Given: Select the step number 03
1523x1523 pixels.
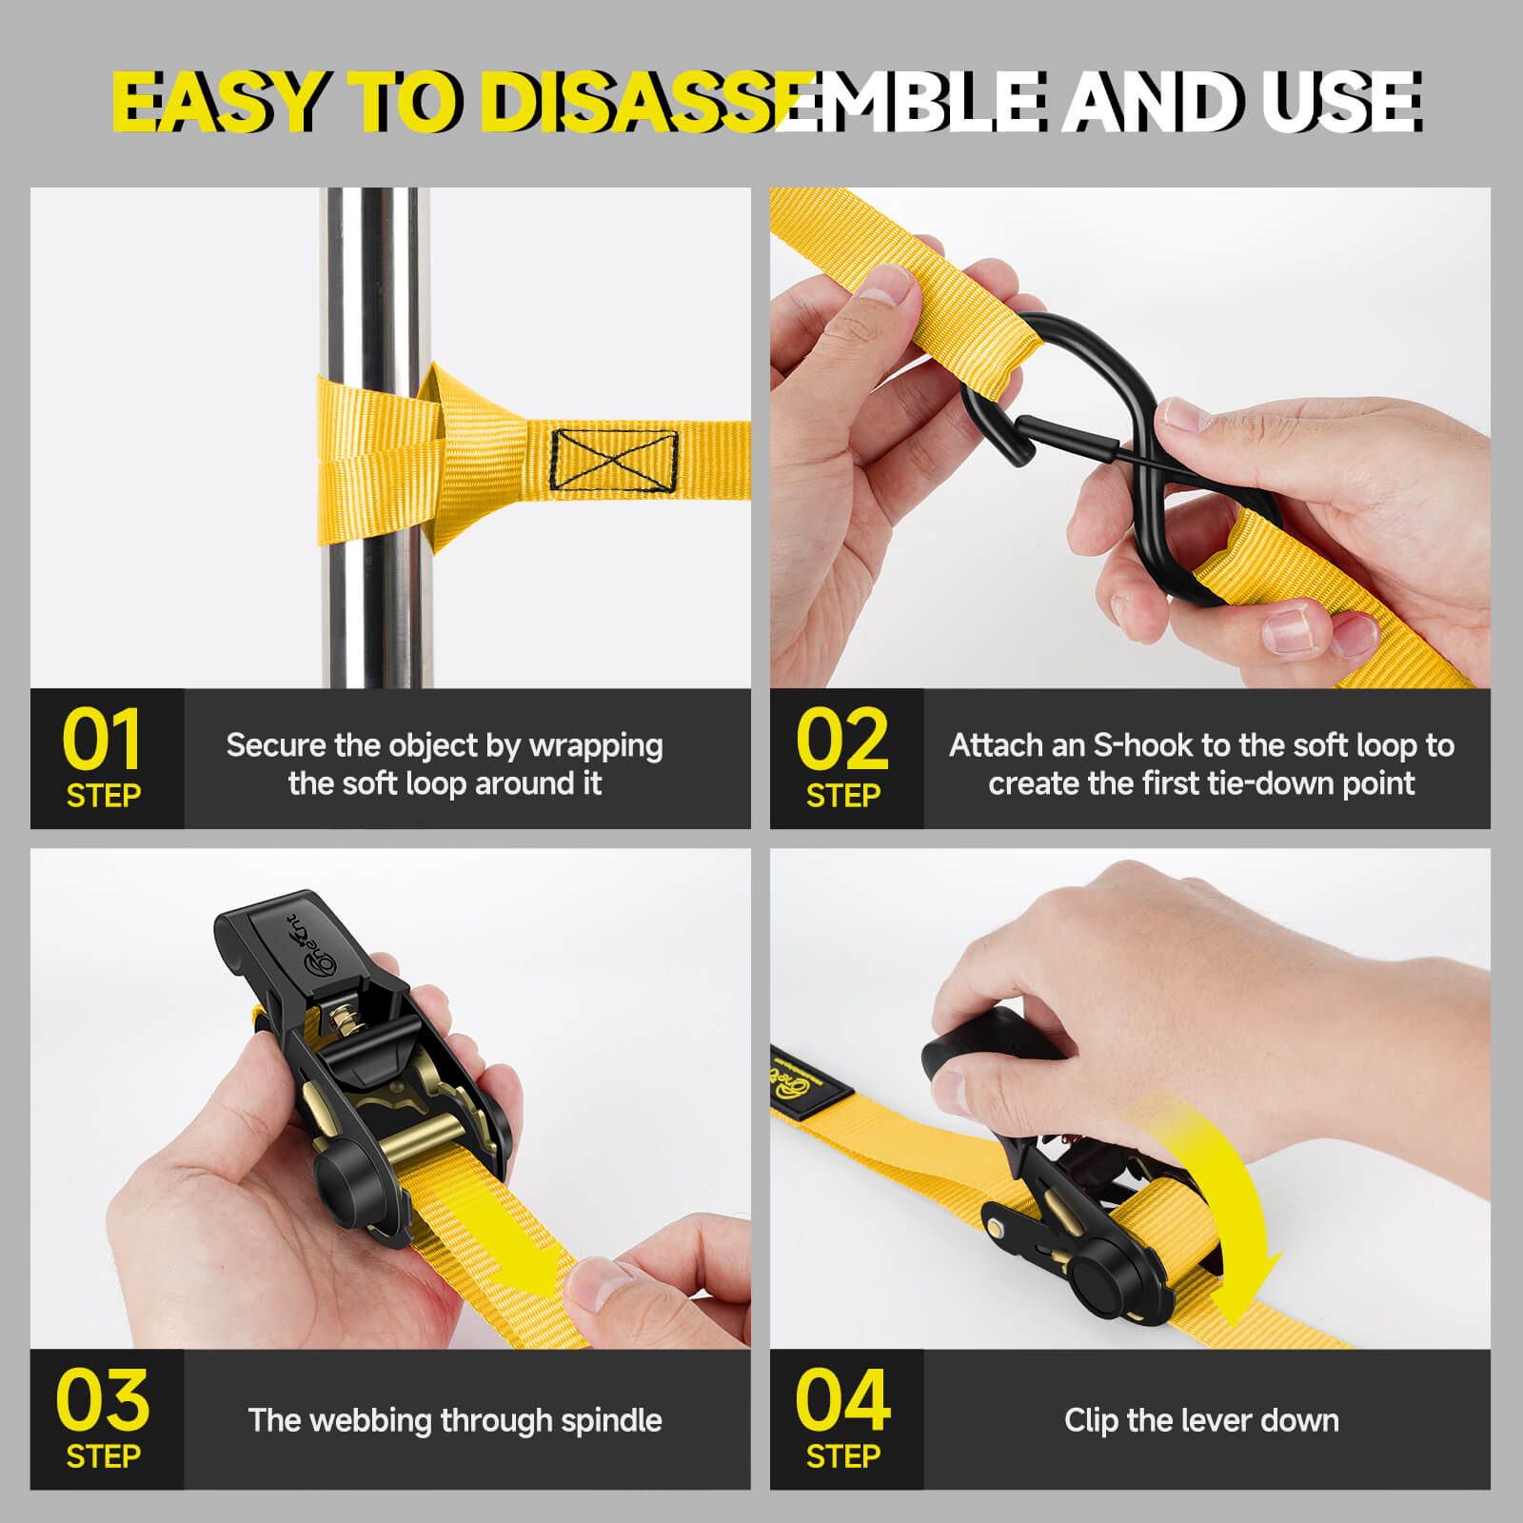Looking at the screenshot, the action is pos(103,1400).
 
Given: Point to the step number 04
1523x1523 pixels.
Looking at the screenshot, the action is pos(843,1400).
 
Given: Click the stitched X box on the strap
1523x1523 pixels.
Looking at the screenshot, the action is pos(614,461).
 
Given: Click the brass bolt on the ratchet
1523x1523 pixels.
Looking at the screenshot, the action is pos(344,1023).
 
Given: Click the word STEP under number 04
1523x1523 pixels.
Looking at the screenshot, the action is pos(843,1456).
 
